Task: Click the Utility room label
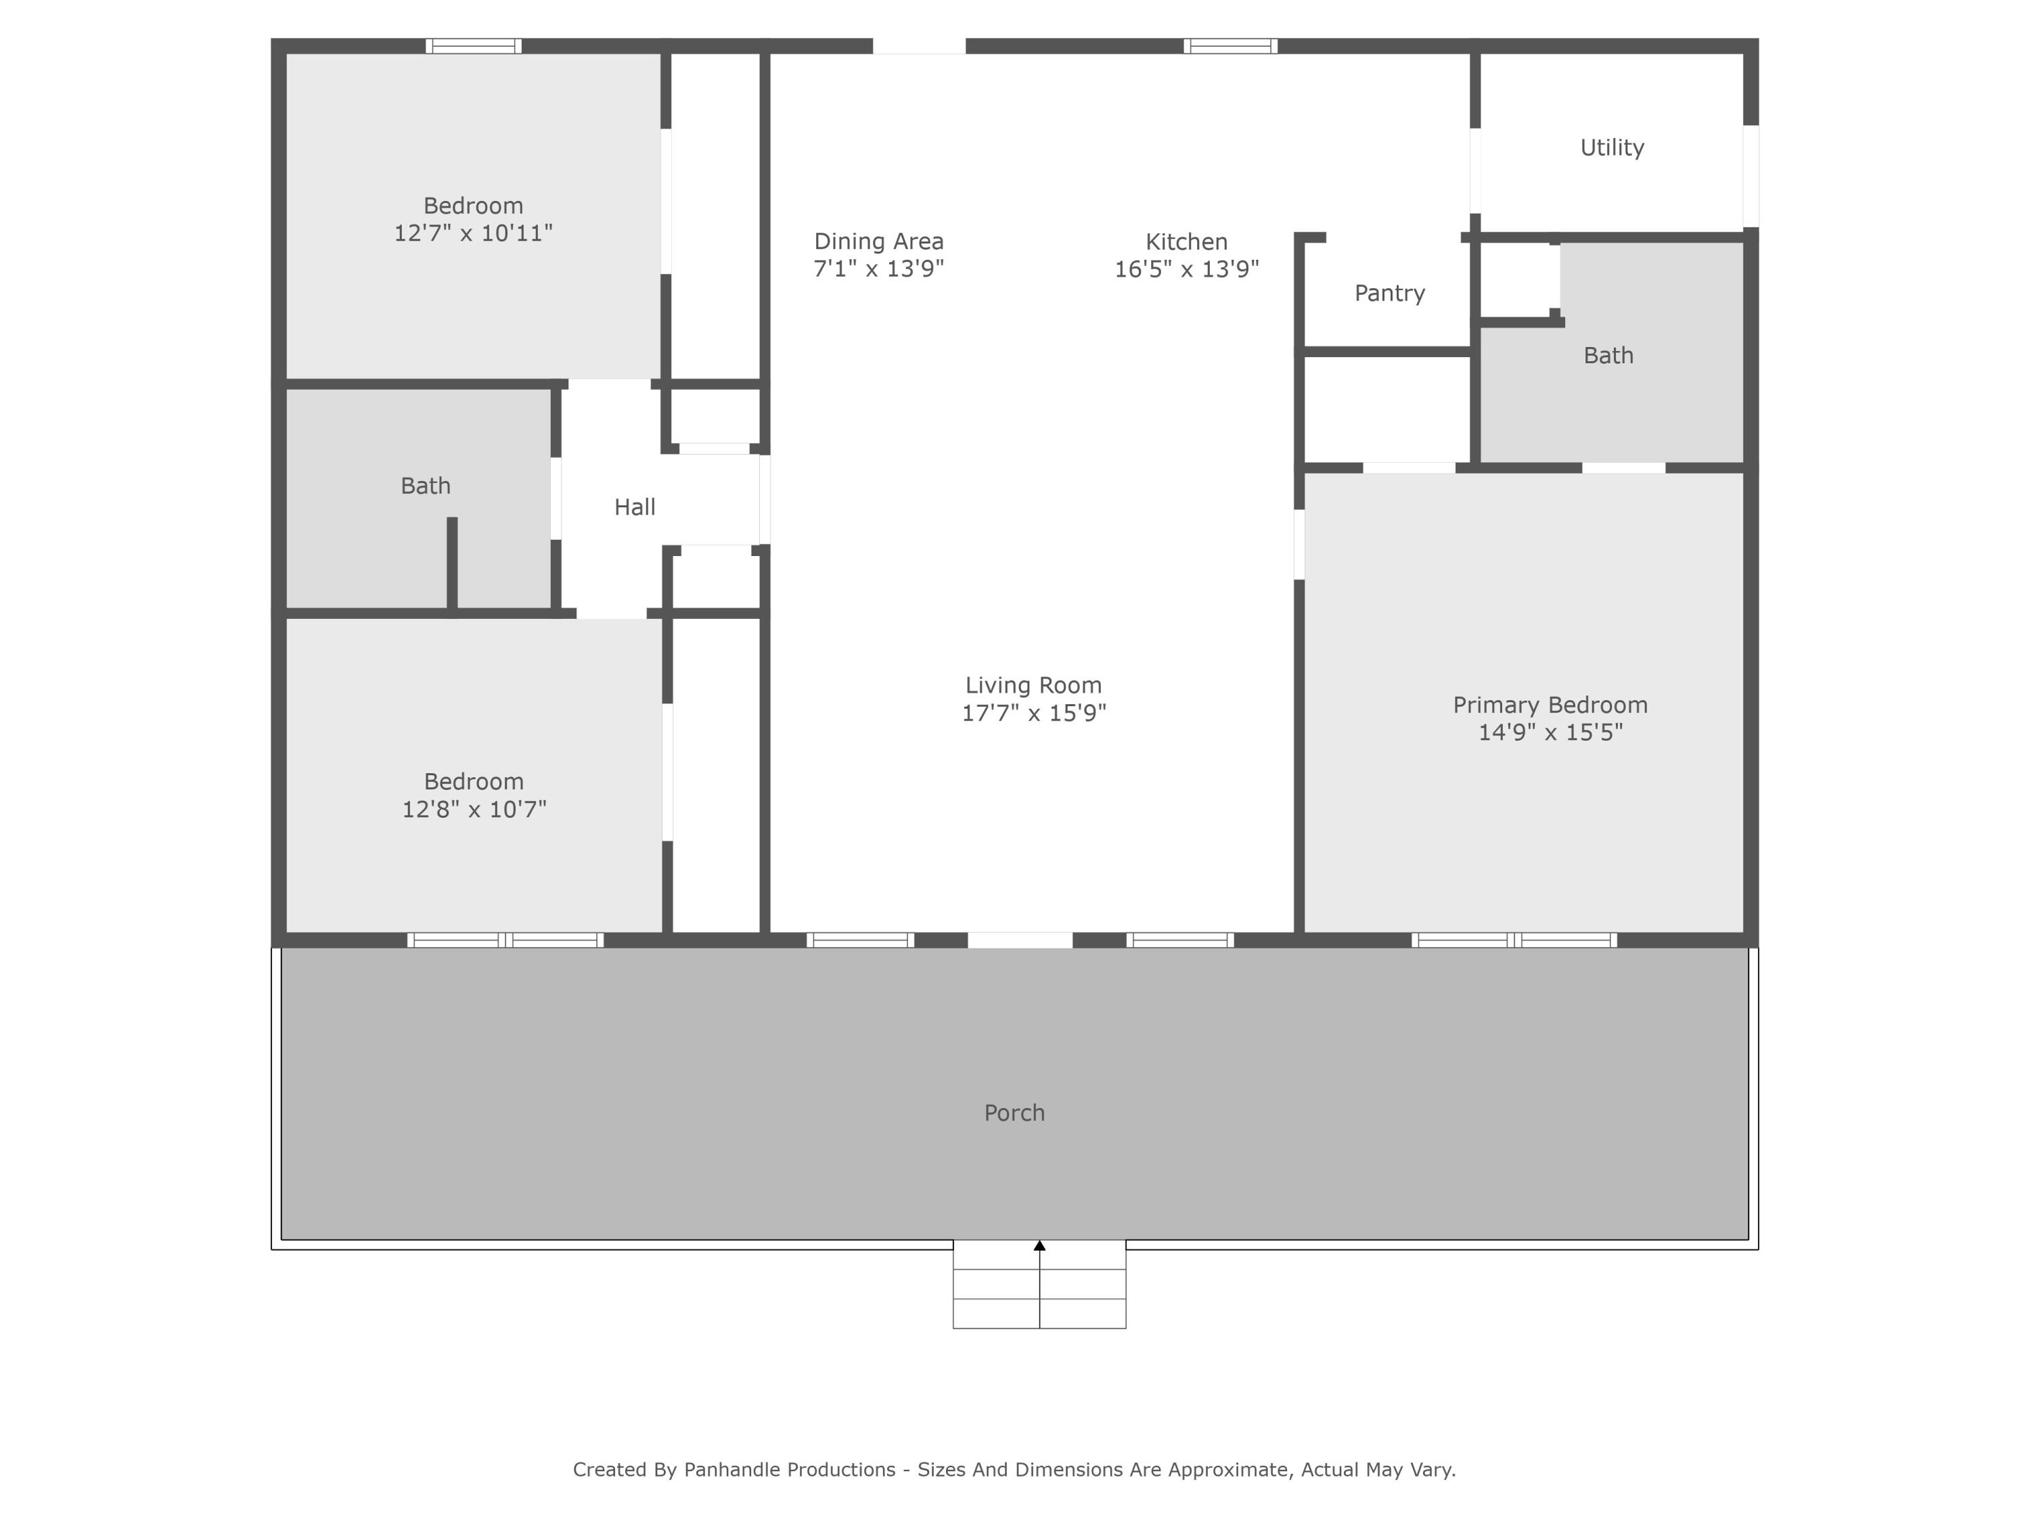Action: tap(1612, 147)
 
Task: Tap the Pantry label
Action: tap(1389, 294)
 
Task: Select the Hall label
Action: tap(634, 507)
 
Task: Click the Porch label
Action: tap(1014, 1113)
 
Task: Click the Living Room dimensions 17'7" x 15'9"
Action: tap(1033, 714)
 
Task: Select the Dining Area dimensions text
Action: tap(878, 269)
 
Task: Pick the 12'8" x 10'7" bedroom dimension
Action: tap(474, 809)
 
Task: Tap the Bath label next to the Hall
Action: tap(425, 486)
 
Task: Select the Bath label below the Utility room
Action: tap(1608, 356)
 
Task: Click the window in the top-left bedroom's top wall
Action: tap(474, 46)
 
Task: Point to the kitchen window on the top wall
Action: tap(1230, 46)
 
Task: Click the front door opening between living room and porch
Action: tap(1020, 940)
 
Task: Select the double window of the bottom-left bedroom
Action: tap(505, 940)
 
